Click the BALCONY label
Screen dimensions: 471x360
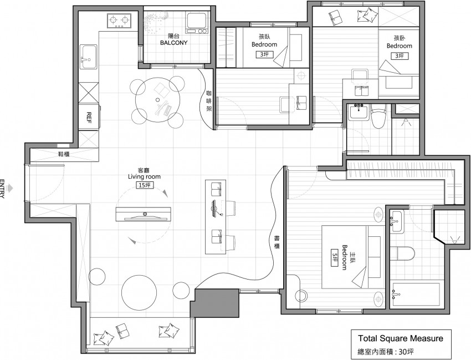point(173,43)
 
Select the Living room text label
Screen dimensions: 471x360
point(144,176)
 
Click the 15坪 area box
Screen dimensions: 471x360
point(144,185)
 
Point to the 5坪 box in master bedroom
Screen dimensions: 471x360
point(335,257)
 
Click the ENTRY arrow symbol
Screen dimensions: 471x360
point(10,189)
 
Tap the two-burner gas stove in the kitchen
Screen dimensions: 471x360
point(119,21)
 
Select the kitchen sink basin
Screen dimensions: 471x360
point(89,57)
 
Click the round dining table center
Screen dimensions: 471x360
point(157,99)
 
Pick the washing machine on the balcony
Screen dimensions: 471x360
point(197,23)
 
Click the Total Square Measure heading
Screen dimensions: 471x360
point(401,338)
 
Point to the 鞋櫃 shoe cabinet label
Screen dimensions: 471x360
point(64,154)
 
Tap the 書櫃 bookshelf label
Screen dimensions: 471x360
point(277,242)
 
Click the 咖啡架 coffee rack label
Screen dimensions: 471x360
point(209,101)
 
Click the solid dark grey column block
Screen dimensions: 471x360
point(215,303)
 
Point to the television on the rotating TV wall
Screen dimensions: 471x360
point(144,218)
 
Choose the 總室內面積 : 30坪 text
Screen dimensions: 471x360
point(386,351)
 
